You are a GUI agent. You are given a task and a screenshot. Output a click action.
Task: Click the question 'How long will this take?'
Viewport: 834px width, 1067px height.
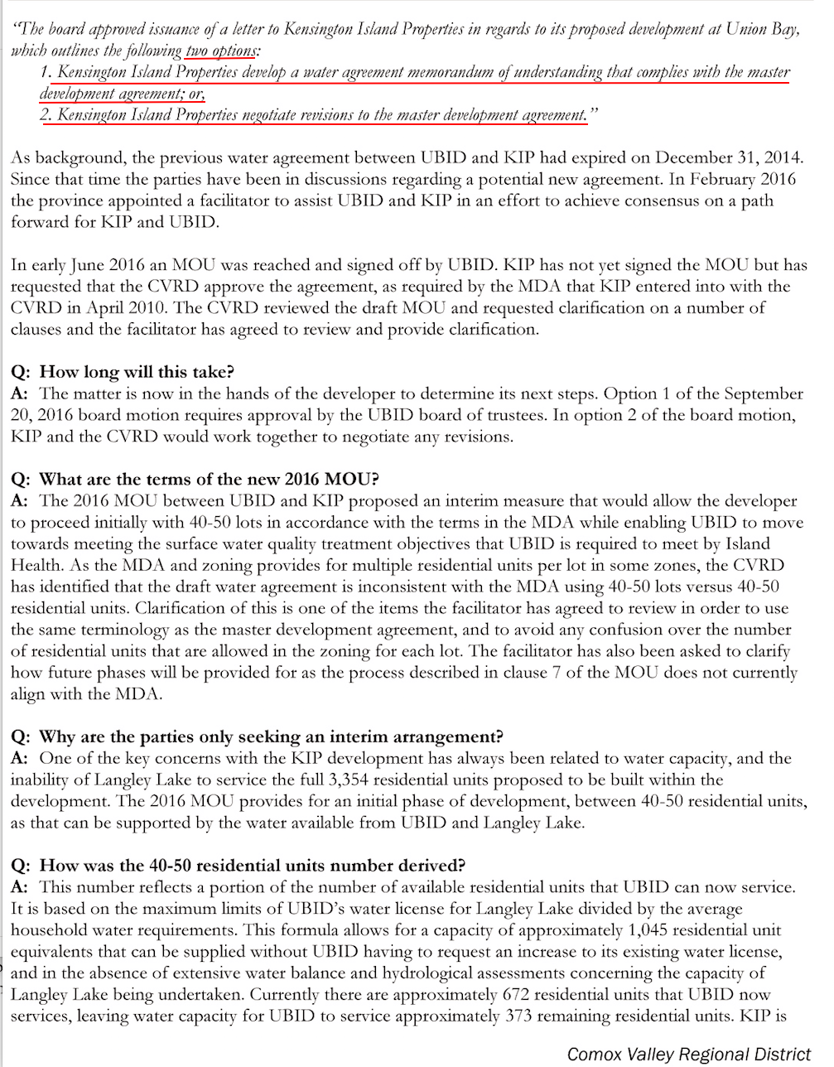137,372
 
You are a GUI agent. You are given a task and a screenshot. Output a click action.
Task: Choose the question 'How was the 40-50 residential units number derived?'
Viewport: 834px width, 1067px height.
252,866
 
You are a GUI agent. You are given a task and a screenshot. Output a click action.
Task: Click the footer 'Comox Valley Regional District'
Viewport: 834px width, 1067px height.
689,1054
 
